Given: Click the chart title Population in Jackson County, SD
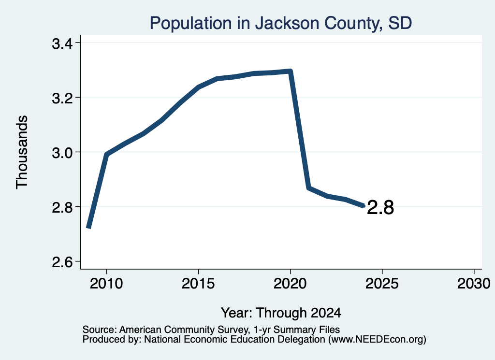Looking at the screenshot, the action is coord(281,23).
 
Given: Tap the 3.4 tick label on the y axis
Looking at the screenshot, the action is coord(62,43).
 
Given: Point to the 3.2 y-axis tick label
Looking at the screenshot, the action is coord(62,98).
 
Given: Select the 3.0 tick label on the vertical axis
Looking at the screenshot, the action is coord(62,153).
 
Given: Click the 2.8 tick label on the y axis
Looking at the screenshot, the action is coord(62,207).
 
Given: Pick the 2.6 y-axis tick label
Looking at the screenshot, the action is coord(62,262).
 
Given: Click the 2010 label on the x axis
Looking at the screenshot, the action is coord(106,284).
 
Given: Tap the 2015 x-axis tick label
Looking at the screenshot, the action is coord(198,284).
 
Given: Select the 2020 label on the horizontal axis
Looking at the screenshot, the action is coord(290,284).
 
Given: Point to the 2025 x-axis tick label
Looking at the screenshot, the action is coord(382,284).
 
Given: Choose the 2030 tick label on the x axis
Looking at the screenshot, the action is coord(474,284).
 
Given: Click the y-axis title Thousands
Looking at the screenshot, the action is coord(22,152).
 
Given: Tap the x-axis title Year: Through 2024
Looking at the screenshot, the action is coord(281,313).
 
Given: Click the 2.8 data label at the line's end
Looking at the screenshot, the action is coord(380,208).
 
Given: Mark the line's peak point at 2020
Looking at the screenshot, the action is coord(291,71).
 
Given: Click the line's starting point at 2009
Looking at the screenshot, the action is coord(89,227).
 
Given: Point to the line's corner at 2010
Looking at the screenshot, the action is coord(106,154).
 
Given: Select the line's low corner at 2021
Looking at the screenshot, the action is coord(309,188).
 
